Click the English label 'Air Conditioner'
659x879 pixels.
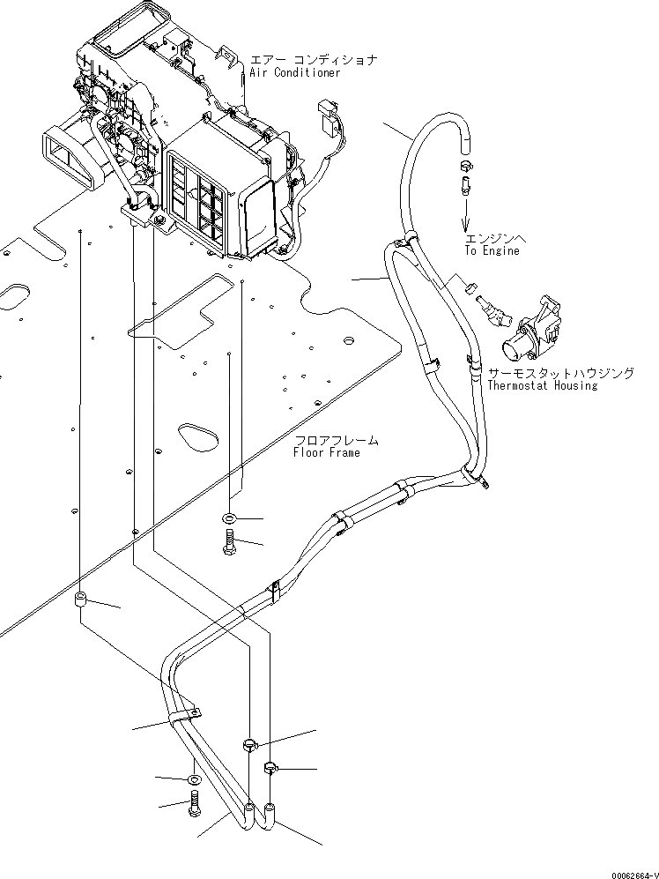(x=295, y=72)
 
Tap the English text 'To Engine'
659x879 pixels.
(x=492, y=250)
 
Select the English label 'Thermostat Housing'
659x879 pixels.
(x=542, y=385)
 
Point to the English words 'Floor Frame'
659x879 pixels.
(x=326, y=452)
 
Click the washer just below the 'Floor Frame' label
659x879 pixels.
(x=229, y=517)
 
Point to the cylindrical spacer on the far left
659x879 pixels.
(x=79, y=603)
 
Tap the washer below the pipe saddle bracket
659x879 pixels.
(x=194, y=779)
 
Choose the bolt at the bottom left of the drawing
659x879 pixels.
(x=194, y=805)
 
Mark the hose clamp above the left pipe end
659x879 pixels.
(x=249, y=746)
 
